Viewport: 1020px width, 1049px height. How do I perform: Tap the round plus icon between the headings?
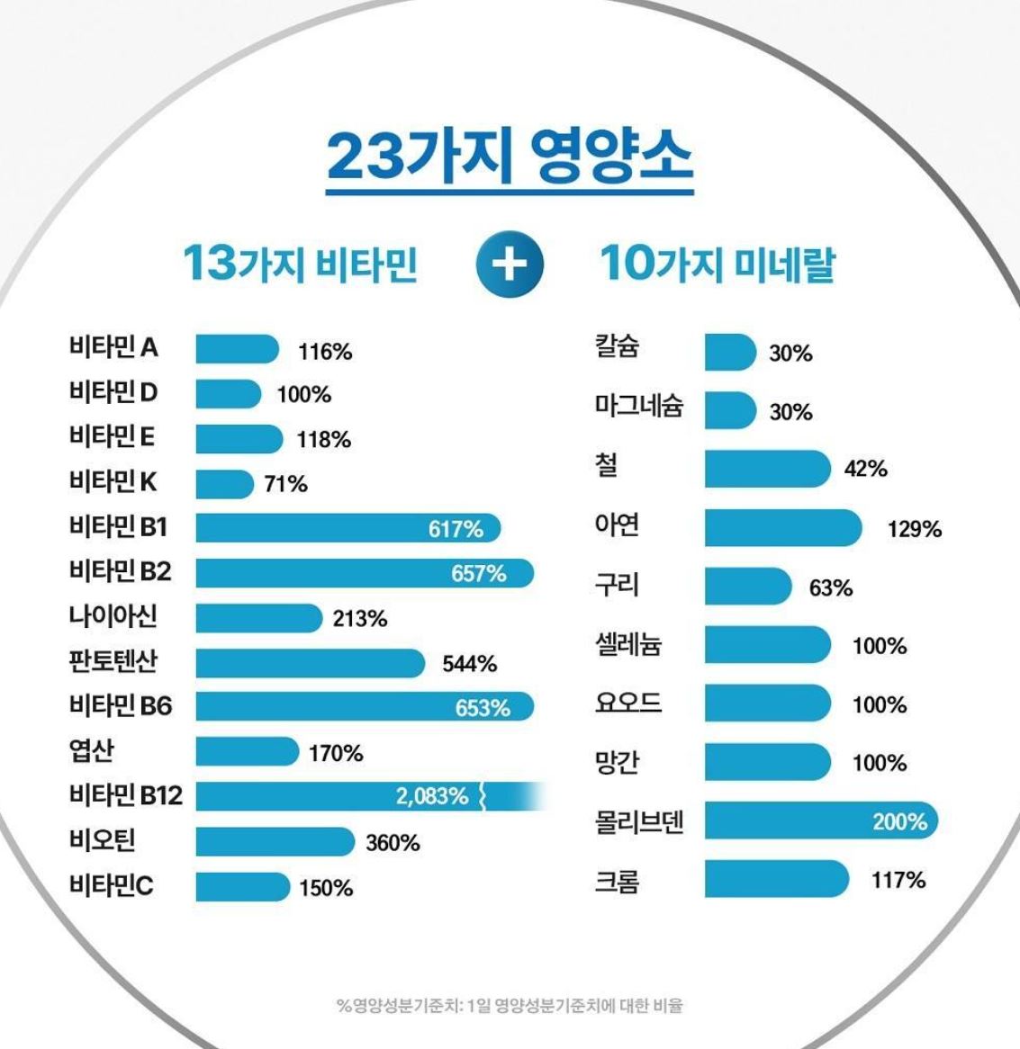click(x=510, y=265)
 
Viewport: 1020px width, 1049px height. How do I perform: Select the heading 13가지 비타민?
click(x=300, y=264)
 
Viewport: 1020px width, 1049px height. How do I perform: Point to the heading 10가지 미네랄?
click(x=718, y=264)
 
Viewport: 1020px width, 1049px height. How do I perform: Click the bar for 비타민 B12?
click(x=360, y=796)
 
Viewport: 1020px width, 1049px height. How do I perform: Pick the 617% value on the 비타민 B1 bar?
click(x=456, y=529)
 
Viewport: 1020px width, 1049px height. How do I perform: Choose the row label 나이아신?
click(x=113, y=616)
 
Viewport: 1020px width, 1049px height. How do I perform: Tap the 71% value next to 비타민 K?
click(x=285, y=485)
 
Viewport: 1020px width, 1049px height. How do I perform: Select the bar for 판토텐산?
click(x=309, y=663)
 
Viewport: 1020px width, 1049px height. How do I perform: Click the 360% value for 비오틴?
click(x=393, y=843)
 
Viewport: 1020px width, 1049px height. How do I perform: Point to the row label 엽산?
click(x=91, y=750)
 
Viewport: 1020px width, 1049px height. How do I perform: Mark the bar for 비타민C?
click(x=242, y=887)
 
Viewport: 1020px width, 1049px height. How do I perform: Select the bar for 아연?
click(x=781, y=528)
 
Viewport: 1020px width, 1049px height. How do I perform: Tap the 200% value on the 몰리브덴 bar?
click(x=899, y=821)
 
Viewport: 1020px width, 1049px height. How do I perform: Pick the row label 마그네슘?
click(x=638, y=406)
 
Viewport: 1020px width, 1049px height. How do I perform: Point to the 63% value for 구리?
click(x=830, y=588)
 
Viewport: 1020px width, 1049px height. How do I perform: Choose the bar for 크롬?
click(x=775, y=879)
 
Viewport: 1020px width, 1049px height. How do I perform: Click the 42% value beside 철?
click(x=865, y=469)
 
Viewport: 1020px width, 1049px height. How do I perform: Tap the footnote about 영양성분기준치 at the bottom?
click(x=510, y=1005)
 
